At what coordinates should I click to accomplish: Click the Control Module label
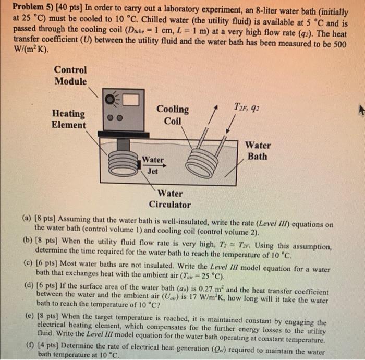point(70,75)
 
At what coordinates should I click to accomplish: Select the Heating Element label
point(69,119)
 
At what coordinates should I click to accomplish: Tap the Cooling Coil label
point(173,115)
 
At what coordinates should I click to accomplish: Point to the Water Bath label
point(258,151)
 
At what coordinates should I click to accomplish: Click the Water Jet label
point(153,165)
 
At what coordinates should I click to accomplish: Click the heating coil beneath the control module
point(122,161)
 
